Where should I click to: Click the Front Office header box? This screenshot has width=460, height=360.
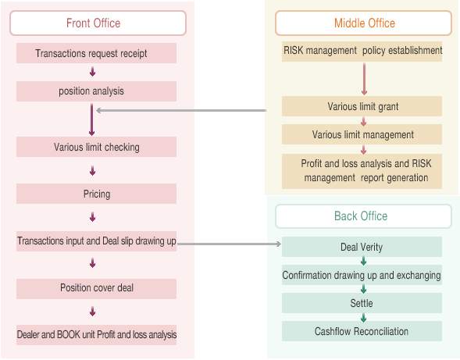[98, 23]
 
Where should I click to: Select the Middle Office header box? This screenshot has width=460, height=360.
[364, 23]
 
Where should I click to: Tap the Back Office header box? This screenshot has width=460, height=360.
[363, 216]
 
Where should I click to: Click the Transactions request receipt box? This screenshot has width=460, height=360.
[97, 53]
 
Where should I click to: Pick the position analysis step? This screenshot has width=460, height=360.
[97, 91]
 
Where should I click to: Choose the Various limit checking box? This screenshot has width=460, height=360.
[97, 147]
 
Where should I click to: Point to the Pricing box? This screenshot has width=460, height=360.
[97, 194]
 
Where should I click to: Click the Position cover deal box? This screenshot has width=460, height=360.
[97, 288]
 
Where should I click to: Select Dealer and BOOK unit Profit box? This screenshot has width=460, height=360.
[97, 335]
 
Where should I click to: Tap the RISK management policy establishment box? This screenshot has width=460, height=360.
[362, 52]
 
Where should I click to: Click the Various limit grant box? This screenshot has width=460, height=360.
[362, 106]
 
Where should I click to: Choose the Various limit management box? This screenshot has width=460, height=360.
[362, 134]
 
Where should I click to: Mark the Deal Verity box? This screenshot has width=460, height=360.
[362, 248]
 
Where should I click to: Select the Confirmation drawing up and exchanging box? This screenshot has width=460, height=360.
[362, 275]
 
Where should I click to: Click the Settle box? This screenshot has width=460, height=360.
[362, 303]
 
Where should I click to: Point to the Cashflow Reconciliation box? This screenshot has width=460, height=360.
[362, 331]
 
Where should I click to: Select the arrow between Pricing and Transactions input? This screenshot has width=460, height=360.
[93, 217]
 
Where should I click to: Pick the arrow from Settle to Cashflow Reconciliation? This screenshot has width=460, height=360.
[363, 317]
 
